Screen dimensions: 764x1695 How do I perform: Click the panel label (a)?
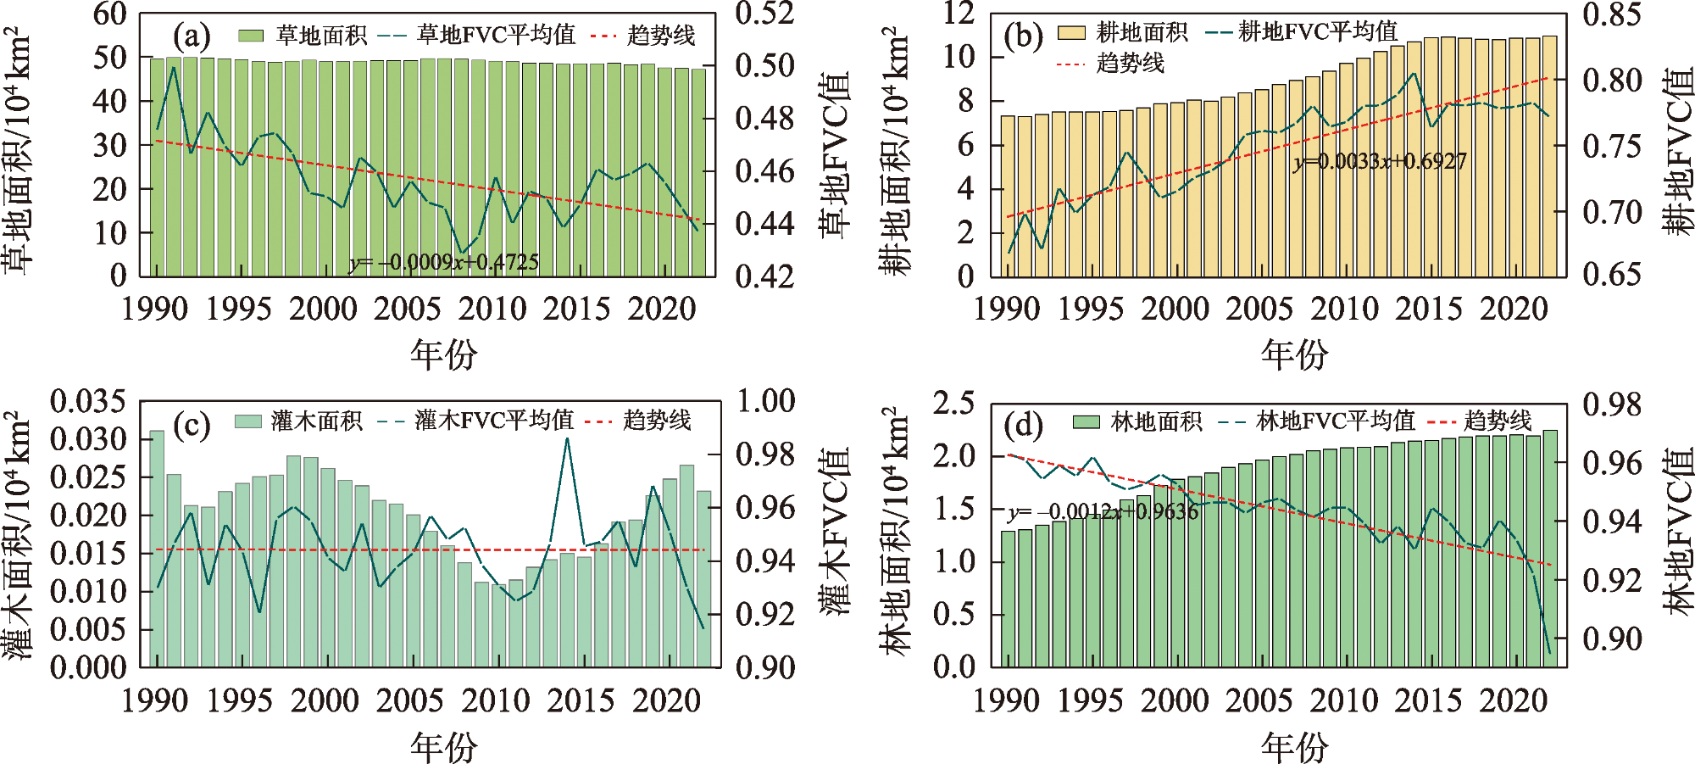[192, 36]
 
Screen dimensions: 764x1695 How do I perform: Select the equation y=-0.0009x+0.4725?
[443, 262]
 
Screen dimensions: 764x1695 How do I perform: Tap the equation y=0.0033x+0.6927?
[1380, 161]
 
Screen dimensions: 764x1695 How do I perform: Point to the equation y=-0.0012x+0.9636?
[1103, 511]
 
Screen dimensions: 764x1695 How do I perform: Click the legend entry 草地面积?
[302, 36]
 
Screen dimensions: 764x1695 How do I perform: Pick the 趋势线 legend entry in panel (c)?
[639, 421]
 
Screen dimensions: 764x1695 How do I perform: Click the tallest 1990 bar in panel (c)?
[157, 548]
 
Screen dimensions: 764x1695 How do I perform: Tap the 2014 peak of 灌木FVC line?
[567, 438]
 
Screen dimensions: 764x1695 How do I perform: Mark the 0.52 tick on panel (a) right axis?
[764, 14]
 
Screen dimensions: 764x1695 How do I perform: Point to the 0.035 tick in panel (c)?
[87, 401]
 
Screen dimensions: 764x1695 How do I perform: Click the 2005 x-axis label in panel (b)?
[1259, 309]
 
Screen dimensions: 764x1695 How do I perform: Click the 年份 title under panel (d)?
[1294, 747]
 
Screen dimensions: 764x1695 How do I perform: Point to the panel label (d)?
[1023, 424]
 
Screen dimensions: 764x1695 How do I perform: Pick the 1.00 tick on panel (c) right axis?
[765, 401]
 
